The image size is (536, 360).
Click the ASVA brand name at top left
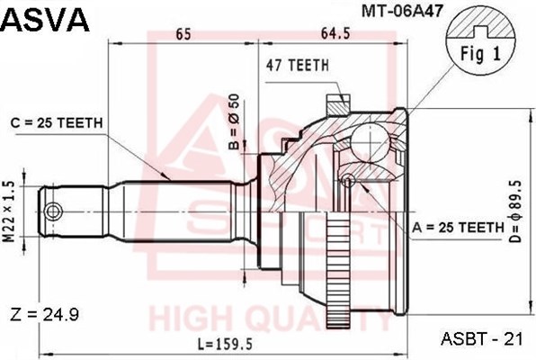(x=46, y=20)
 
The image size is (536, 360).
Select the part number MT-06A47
(x=402, y=11)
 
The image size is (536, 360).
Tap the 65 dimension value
(x=183, y=34)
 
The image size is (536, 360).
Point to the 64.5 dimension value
(x=335, y=34)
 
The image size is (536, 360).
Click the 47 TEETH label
(x=298, y=65)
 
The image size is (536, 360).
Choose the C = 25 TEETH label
(x=57, y=123)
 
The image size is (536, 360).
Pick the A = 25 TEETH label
(x=458, y=227)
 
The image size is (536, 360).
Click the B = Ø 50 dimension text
(x=235, y=121)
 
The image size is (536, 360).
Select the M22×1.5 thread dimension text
(x=11, y=212)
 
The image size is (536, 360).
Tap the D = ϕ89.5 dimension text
(x=515, y=211)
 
